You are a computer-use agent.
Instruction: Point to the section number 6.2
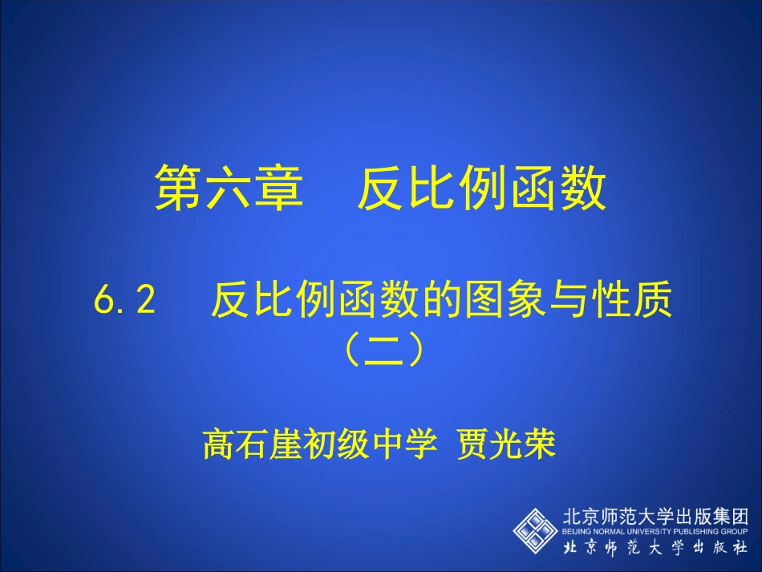(124, 302)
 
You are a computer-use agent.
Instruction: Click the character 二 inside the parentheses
(381, 351)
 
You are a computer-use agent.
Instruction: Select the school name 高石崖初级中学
(319, 444)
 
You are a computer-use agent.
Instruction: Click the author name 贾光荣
(505, 444)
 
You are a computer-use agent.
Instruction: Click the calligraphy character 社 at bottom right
(740, 548)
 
